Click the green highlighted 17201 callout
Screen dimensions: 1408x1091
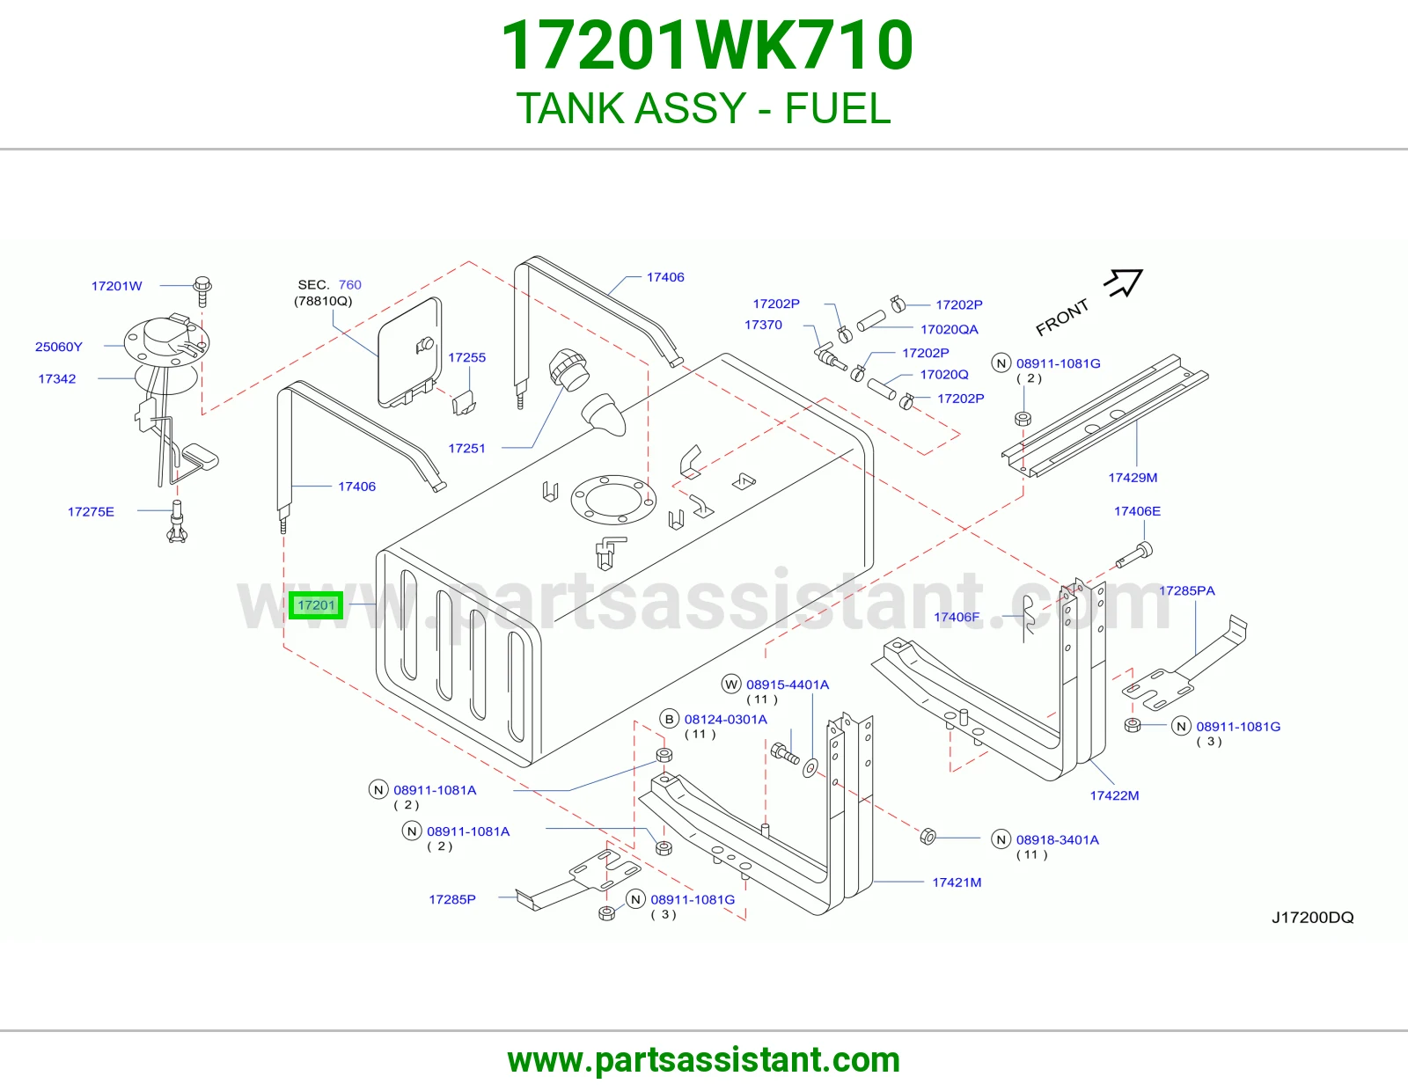316,605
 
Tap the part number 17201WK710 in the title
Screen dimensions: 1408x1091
707,45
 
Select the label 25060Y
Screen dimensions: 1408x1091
59,347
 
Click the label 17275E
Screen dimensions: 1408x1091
91,512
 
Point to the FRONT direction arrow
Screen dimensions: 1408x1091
1123,283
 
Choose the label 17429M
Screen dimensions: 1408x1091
1133,478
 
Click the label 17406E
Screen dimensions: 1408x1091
1137,511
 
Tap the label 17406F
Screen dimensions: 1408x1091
957,617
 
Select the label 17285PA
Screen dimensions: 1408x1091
1187,591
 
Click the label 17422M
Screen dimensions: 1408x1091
1114,795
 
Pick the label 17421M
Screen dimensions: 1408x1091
957,882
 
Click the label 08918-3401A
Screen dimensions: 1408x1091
1058,839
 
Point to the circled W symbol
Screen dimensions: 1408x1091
731,685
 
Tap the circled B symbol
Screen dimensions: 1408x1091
670,719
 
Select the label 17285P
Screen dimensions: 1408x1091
452,899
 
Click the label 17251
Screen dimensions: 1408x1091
466,449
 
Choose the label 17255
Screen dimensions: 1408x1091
466,357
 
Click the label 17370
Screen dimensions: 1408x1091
763,325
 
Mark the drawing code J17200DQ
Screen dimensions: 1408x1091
1313,918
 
